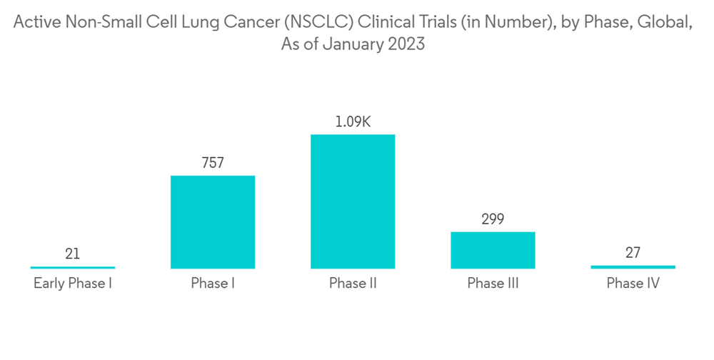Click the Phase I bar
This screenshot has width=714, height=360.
pyautogui.click(x=213, y=222)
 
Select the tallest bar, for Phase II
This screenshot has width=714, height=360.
pyautogui.click(x=353, y=201)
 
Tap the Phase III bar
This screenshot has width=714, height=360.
pyautogui.click(x=493, y=250)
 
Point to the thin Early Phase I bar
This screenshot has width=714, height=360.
pyautogui.click(x=73, y=267)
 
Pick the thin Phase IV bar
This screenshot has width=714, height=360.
pyautogui.click(x=633, y=267)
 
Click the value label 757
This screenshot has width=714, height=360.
pyautogui.click(x=213, y=163)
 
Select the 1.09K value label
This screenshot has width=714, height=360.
pyautogui.click(x=353, y=121)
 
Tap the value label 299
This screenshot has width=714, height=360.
pyautogui.click(x=493, y=219)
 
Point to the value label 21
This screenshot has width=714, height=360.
pyautogui.click(x=73, y=254)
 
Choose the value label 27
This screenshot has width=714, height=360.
pyautogui.click(x=633, y=253)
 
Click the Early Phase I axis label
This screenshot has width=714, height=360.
pyautogui.click(x=73, y=284)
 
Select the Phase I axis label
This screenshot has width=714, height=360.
pyautogui.click(x=213, y=284)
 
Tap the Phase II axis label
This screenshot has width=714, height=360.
pyautogui.click(x=353, y=284)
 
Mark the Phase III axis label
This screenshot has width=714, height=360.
pyautogui.click(x=493, y=284)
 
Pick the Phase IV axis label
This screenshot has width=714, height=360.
pyautogui.click(x=633, y=284)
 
